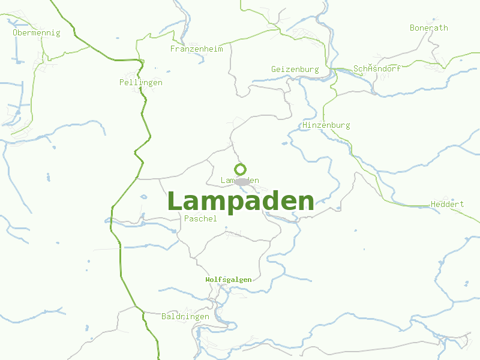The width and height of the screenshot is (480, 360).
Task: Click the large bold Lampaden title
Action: (x=241, y=202)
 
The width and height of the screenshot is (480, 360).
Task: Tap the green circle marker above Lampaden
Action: (x=240, y=169)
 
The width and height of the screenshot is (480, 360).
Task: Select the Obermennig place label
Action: (x=37, y=33)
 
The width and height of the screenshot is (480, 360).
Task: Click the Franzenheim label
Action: (x=196, y=49)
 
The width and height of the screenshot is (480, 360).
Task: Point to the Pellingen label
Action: (x=141, y=82)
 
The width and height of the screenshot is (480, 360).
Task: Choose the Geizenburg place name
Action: (x=295, y=70)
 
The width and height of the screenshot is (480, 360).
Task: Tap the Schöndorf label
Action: (x=377, y=69)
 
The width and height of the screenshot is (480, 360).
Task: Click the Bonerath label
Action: (x=428, y=28)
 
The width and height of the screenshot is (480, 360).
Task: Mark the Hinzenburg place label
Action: (x=326, y=125)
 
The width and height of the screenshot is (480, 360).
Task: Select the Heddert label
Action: (x=447, y=205)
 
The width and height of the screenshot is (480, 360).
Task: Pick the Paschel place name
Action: (x=201, y=219)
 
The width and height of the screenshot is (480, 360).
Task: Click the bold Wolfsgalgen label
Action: (x=229, y=280)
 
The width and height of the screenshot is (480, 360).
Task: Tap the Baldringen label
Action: (x=185, y=316)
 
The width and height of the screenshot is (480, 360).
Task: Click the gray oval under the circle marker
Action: (x=242, y=182)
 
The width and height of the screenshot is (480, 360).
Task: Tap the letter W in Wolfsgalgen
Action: (x=208, y=280)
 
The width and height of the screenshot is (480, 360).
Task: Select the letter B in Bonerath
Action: (x=412, y=28)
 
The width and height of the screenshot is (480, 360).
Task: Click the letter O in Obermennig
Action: (x=15, y=33)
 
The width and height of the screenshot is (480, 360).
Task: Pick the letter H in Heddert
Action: (x=433, y=205)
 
